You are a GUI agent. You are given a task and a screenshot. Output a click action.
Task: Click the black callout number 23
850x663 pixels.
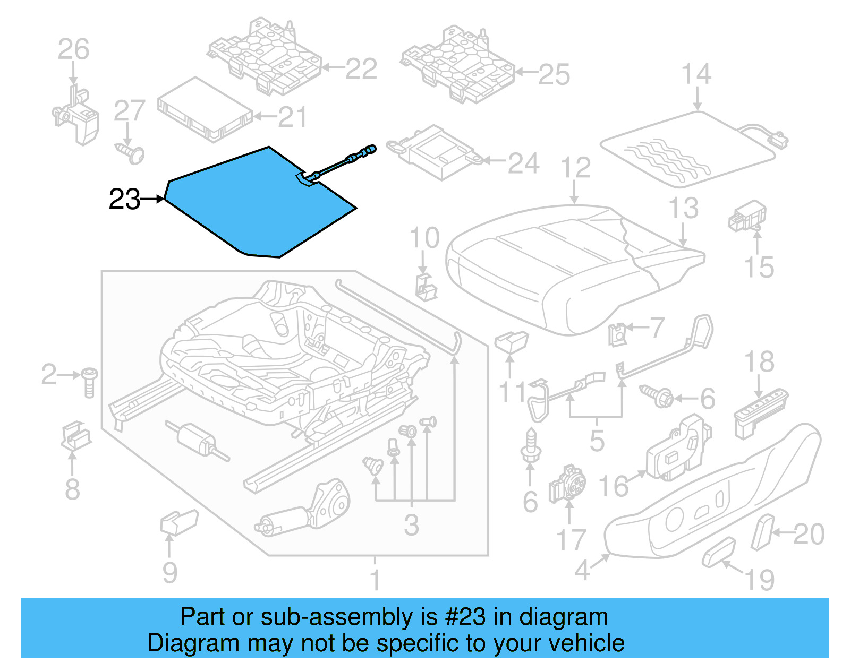[x=124, y=200]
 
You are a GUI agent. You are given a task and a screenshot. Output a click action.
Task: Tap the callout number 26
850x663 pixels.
[x=73, y=49]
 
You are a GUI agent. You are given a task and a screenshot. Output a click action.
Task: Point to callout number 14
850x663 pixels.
[x=696, y=74]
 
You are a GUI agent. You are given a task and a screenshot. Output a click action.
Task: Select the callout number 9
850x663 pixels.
[x=169, y=572]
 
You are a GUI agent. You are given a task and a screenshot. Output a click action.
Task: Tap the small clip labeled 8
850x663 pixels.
[x=76, y=437]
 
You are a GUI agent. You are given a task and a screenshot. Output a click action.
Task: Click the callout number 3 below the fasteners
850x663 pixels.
[x=411, y=526]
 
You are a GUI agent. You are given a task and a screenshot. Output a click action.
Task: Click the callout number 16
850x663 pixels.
[x=614, y=486]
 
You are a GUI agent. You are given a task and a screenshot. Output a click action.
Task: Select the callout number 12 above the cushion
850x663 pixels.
[x=576, y=168]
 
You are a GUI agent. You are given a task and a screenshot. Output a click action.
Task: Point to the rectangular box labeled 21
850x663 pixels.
[x=205, y=110]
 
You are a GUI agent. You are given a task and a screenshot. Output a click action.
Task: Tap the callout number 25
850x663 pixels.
[x=554, y=74]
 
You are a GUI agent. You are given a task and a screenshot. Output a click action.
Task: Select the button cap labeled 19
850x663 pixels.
[x=719, y=552]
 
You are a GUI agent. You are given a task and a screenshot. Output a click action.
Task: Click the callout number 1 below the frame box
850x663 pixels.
[x=375, y=580]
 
